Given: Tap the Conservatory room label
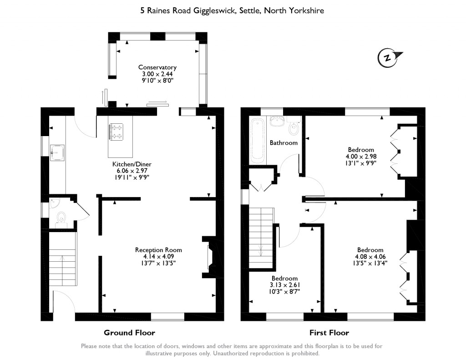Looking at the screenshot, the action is click(x=157, y=67).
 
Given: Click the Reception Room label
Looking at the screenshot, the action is click(x=158, y=250).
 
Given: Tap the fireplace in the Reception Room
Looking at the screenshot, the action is click(x=209, y=258).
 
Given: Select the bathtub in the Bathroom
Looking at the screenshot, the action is click(x=258, y=141).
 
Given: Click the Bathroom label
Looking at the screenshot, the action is click(x=284, y=143).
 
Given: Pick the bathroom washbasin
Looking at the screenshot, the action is click(x=276, y=120).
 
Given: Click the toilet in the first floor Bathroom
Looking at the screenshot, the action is click(x=294, y=129).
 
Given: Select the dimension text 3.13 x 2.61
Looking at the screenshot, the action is click(x=284, y=285).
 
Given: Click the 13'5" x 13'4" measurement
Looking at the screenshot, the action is click(x=370, y=263).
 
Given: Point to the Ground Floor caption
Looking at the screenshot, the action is click(x=129, y=333).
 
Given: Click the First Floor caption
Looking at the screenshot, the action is click(x=329, y=333).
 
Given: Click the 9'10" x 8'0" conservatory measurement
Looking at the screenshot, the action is click(x=157, y=80).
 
